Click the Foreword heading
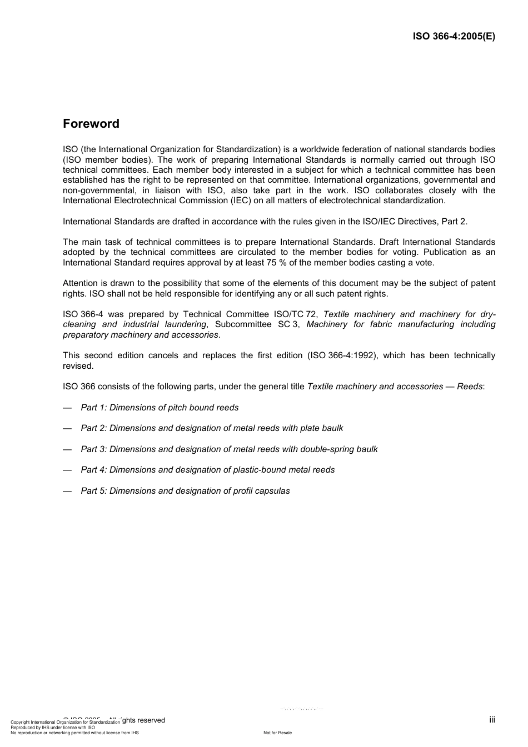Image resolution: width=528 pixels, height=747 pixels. coord(91,124)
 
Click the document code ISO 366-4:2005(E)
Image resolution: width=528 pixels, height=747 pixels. coord(454,37)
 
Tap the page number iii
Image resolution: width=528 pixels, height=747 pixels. coord(492,720)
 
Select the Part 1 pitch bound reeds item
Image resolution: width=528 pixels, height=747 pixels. coord(160,408)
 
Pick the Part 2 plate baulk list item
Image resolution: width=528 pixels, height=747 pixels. coord(212,428)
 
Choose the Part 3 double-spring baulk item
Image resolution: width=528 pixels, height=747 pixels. coord(229,449)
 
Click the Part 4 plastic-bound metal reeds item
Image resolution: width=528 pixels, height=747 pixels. coord(207,470)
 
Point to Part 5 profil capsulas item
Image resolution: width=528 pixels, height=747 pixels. coord(185,491)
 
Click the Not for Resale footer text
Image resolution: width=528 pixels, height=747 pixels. coord(277,733)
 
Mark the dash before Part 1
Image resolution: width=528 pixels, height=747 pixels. coord(67,408)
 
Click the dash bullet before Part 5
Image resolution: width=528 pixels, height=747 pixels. coord(67,491)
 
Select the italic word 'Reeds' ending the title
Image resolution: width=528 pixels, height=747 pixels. coord(469,387)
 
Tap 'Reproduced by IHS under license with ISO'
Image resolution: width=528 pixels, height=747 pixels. coord(53,728)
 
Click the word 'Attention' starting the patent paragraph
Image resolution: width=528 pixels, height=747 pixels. coord(80,283)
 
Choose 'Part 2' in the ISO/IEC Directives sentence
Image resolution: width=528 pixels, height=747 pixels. coord(454,222)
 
